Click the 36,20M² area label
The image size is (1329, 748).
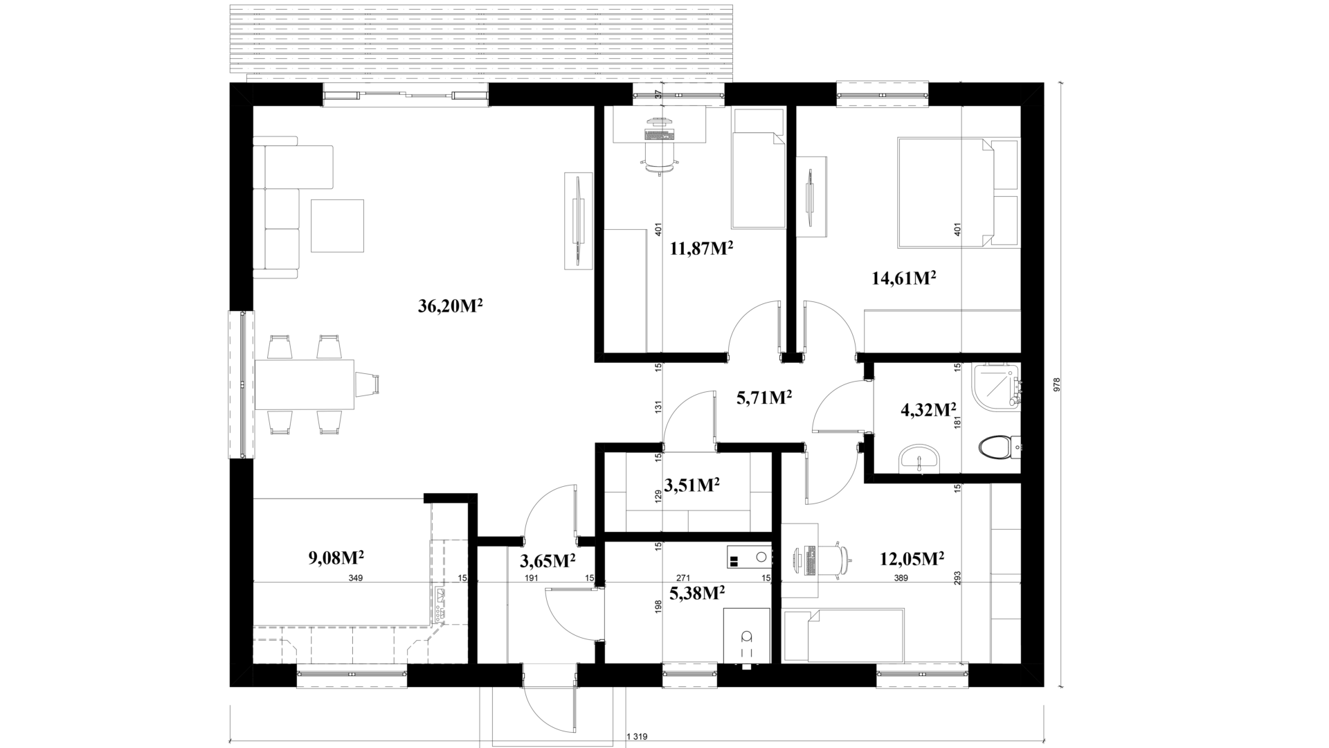(450, 306)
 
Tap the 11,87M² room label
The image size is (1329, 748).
(702, 249)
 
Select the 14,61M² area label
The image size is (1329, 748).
(904, 278)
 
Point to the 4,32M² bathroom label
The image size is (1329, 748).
(928, 410)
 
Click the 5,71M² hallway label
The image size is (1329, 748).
(764, 398)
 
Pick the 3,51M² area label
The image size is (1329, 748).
(691, 486)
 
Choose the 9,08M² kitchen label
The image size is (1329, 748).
(336, 558)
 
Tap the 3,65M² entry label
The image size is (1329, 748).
(548, 561)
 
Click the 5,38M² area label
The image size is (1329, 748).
(697, 592)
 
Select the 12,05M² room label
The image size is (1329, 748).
(912, 558)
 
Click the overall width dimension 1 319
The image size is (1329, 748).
(636, 737)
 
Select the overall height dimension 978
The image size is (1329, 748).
(1056, 385)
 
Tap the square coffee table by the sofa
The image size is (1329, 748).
(337, 226)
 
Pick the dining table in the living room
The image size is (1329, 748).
(305, 384)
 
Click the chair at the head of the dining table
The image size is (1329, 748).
(368, 384)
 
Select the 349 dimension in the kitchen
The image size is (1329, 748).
(356, 578)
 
